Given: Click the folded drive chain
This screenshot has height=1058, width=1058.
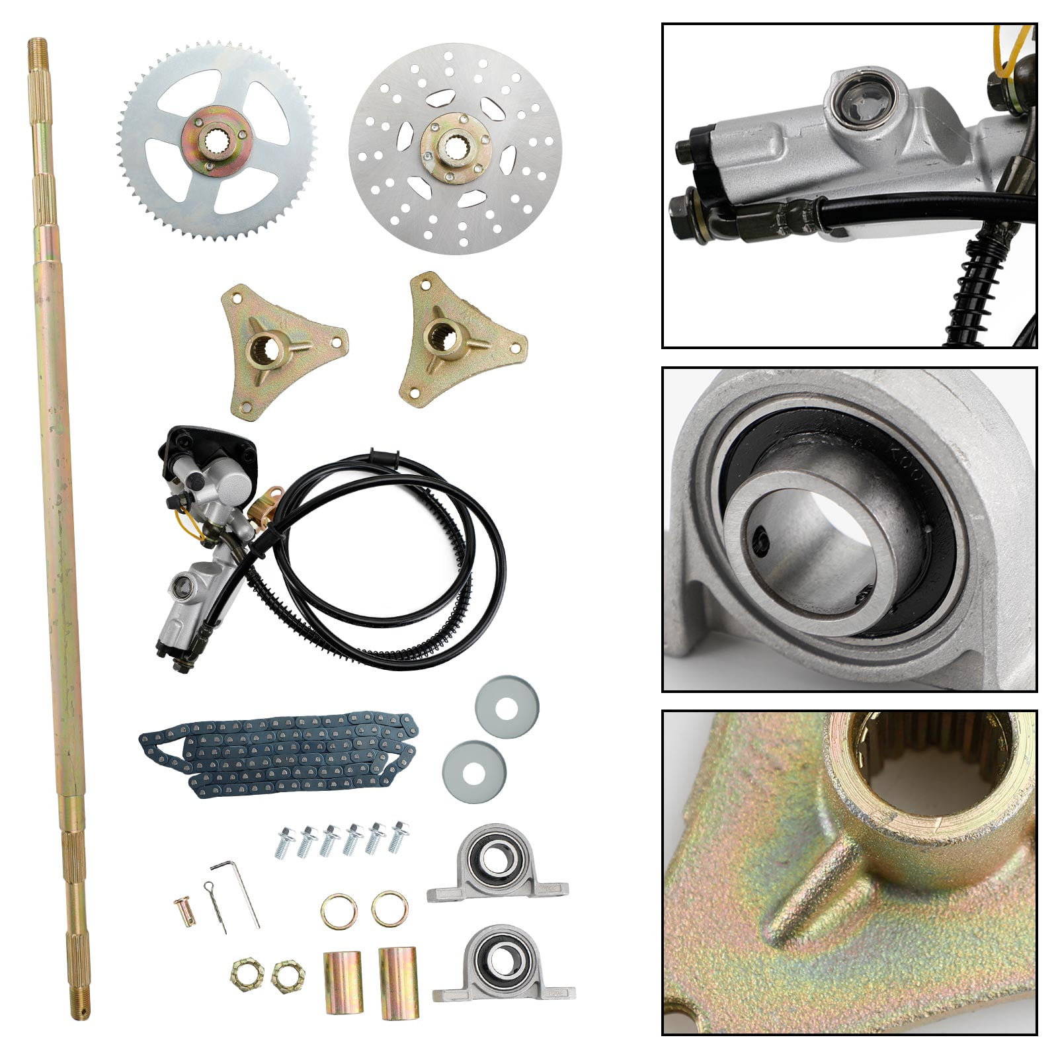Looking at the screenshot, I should pos(278,754).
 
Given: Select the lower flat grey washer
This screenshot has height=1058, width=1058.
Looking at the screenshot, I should pos(473,772).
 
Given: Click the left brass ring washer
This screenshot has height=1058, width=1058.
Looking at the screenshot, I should pos(339,911).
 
